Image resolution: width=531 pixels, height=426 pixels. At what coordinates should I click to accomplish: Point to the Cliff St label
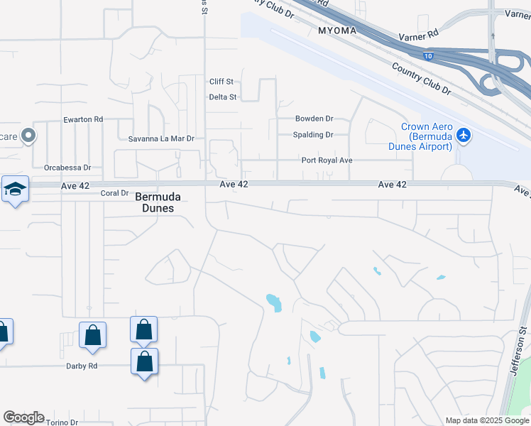pos(221,82)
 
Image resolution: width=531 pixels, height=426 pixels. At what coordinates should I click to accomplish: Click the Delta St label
pos(223,97)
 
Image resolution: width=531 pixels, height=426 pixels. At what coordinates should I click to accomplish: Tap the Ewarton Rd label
pos(83,119)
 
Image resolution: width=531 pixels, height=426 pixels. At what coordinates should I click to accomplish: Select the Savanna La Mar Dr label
pos(161,138)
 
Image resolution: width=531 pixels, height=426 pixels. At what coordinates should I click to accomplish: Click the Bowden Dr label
pos(314,119)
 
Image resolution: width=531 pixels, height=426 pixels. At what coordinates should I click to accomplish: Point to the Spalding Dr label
pos(313,135)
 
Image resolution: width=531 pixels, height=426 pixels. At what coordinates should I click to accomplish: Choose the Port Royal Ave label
pos(327,160)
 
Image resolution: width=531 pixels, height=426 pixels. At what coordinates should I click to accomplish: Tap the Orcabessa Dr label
pos(67,168)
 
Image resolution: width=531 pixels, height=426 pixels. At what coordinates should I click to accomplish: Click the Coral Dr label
pos(114,193)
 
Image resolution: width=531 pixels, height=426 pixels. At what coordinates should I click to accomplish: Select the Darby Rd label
pos(82,366)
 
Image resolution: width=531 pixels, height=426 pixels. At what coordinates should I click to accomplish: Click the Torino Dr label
pos(62,422)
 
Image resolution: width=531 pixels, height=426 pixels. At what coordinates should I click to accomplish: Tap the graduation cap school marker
pos(15,189)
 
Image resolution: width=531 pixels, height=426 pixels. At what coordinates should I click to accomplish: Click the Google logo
pos(23,417)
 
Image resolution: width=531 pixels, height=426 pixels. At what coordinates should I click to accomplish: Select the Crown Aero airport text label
pos(426,136)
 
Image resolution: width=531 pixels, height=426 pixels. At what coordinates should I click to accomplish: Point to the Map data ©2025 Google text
pos(486,420)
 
